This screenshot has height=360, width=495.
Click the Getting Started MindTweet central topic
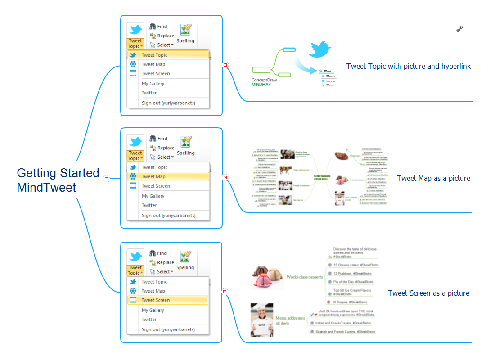[58, 180]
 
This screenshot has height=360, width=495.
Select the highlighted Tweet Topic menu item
[154, 55]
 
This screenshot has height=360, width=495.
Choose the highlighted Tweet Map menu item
[153, 176]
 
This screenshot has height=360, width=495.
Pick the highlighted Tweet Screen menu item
[156, 300]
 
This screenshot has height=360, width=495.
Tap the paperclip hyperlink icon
[459, 29]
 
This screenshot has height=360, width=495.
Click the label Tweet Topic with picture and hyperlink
[409, 67]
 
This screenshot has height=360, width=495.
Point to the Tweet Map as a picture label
[433, 179]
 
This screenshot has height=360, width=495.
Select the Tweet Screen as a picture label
[428, 293]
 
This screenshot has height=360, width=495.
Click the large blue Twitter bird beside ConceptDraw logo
[319, 49]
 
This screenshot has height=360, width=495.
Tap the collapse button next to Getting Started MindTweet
[106, 179]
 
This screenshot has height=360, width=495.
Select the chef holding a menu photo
[261, 320]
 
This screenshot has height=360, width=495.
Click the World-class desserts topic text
[304, 277]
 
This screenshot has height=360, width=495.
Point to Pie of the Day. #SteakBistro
[353, 282]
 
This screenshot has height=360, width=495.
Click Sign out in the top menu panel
[168, 103]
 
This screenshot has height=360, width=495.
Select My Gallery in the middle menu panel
[153, 196]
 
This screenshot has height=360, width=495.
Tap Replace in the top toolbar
[165, 36]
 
